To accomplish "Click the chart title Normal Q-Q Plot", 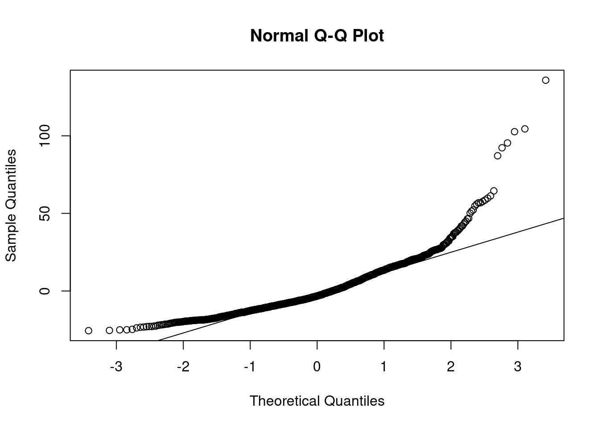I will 317,36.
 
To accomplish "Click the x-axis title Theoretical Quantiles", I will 317,401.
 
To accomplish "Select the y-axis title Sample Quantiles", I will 11,206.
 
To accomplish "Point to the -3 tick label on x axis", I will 117,367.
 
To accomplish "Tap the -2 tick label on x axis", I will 183,367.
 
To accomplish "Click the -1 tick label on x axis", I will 250,367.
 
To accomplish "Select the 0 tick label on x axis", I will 317,367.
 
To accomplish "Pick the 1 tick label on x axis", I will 384,367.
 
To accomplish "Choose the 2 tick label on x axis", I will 451,367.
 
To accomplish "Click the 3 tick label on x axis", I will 518,367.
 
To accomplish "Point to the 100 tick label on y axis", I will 44,136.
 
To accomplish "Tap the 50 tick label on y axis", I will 44,213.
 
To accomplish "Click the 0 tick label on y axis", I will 44,291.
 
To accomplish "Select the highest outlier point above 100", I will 546,80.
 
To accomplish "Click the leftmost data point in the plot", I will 88,330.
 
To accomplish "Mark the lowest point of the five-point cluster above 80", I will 498,156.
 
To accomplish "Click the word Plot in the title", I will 367,36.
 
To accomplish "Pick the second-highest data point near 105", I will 525,129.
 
